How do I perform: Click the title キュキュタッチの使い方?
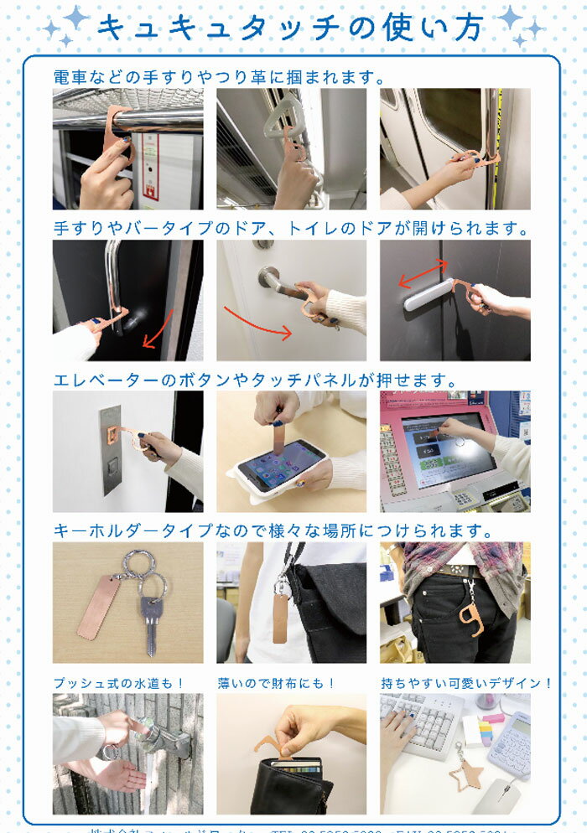coord(289,27)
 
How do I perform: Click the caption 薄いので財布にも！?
coord(276,683)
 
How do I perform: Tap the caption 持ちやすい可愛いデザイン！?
coord(465,683)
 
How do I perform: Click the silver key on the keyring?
coord(150,620)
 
